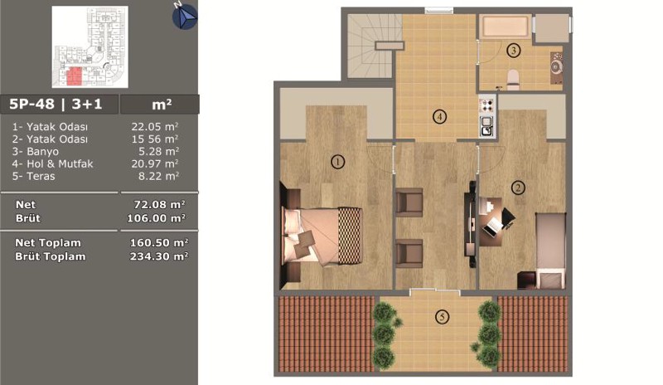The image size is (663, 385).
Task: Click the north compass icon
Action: (x=184, y=16)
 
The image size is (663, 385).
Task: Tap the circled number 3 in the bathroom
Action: (x=513, y=51)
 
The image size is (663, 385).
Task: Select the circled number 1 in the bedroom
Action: (x=337, y=161)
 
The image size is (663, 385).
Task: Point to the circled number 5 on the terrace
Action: (x=442, y=317)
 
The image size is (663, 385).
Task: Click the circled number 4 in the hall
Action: (x=440, y=116)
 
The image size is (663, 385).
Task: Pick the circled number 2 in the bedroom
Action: (x=518, y=188)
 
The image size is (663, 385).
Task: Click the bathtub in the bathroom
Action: (x=505, y=27)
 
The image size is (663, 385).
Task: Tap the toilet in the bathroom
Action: (x=513, y=80)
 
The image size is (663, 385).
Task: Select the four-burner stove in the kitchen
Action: (x=487, y=105)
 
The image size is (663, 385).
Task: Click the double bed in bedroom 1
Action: (x=322, y=236)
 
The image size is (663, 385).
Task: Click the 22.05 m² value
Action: (x=154, y=127)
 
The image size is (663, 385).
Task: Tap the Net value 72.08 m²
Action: (x=159, y=205)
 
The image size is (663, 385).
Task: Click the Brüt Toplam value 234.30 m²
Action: (x=158, y=256)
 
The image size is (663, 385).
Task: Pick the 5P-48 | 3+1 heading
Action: (x=56, y=105)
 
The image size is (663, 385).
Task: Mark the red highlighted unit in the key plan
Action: (x=74, y=76)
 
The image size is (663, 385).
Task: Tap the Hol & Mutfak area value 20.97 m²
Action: (x=154, y=163)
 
